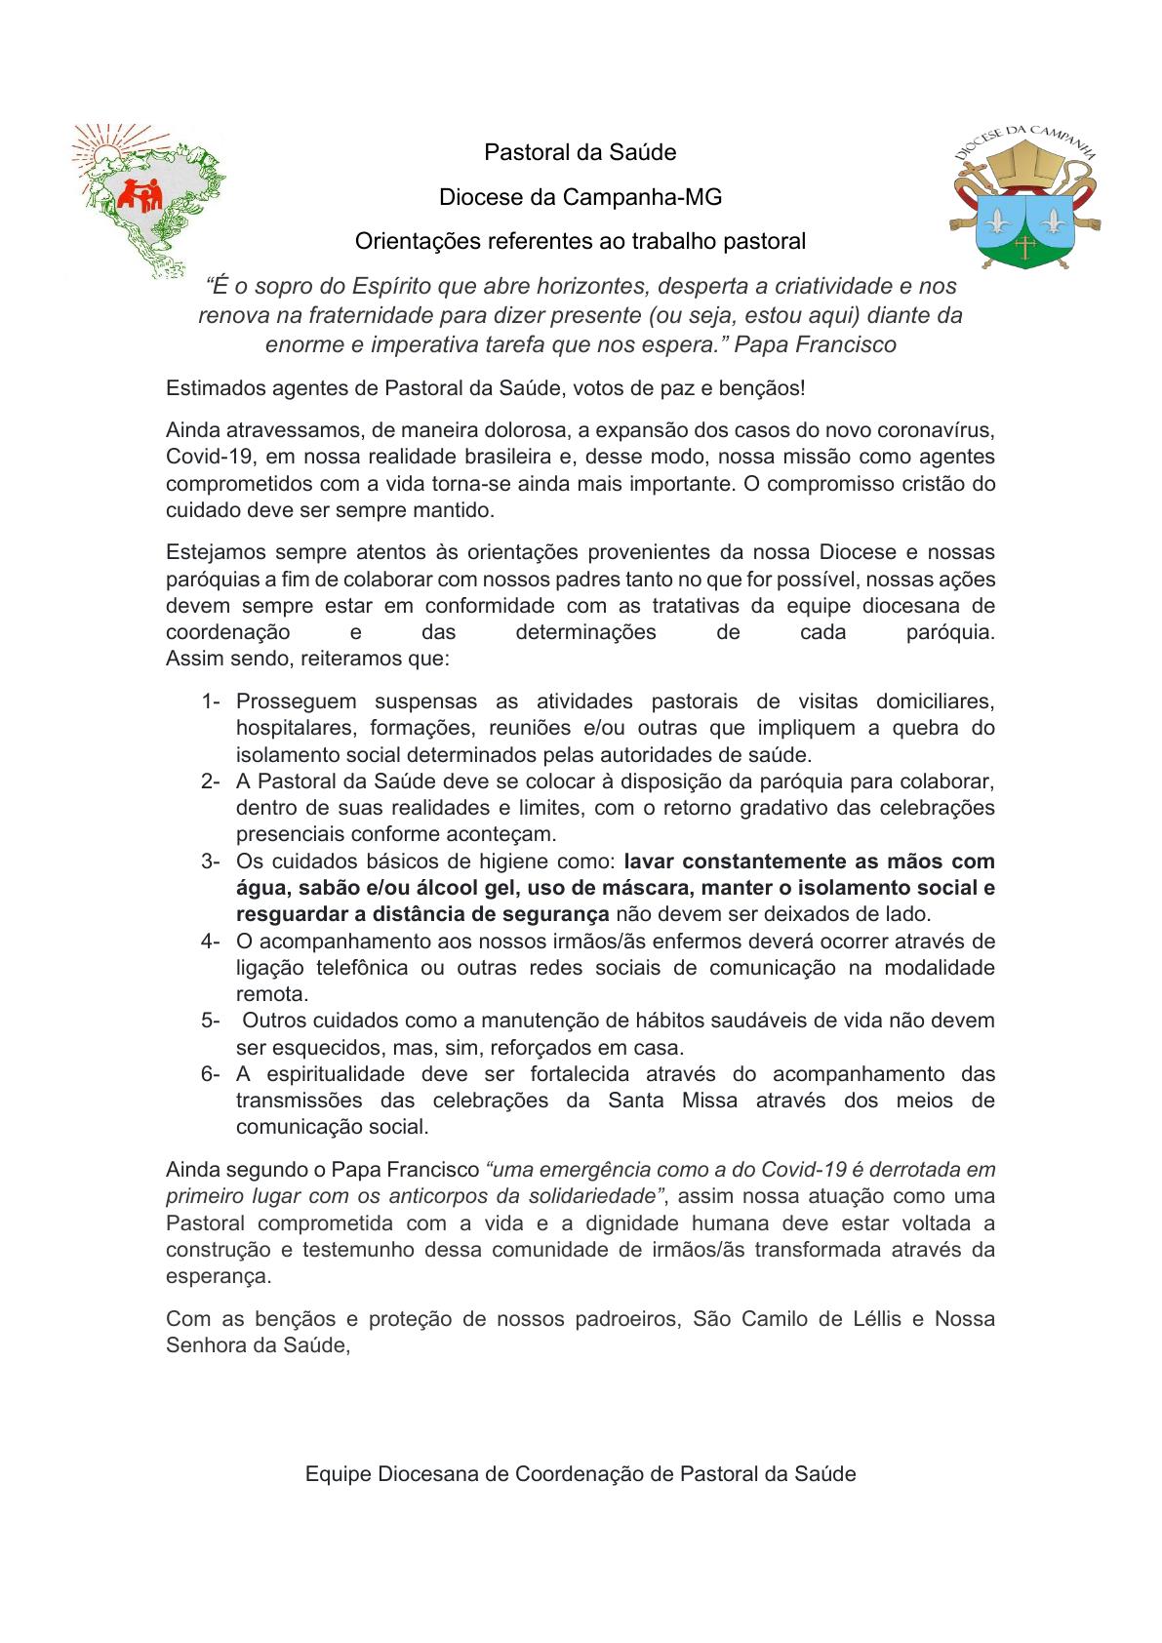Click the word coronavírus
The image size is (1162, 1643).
pyautogui.click(x=941, y=430)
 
